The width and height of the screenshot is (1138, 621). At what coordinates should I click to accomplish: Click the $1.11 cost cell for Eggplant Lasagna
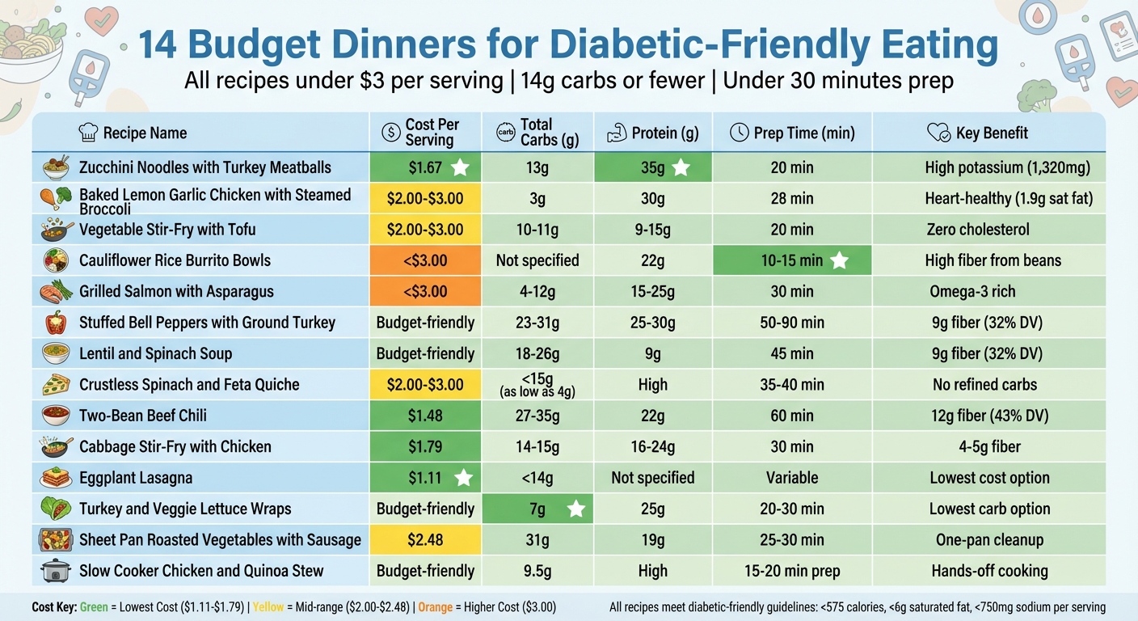[x=425, y=478]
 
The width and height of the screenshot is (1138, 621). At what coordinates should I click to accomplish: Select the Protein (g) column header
[x=653, y=133]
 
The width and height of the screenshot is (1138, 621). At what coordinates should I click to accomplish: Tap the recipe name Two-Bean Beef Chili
[x=143, y=416]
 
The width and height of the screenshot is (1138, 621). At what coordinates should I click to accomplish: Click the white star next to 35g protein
[x=681, y=168]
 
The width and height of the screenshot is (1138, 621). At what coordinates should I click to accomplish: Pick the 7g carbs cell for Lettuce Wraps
[x=537, y=509]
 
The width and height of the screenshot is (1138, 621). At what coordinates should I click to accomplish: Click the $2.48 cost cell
[x=425, y=539]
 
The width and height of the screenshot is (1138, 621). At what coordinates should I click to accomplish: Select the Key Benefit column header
[x=991, y=133]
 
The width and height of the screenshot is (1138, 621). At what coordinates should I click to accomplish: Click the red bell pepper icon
[x=55, y=323]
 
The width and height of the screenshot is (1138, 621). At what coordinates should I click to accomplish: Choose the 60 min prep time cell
[x=792, y=416]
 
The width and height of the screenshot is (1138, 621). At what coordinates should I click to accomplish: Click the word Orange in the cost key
[x=435, y=607]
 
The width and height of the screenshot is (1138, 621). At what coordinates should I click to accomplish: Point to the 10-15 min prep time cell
[x=792, y=260]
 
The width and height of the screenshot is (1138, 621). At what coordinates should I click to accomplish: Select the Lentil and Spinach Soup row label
[x=155, y=353]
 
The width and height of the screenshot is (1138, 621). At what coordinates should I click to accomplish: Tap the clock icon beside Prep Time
[x=739, y=133]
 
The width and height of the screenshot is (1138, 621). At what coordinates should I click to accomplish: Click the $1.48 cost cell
[x=425, y=416]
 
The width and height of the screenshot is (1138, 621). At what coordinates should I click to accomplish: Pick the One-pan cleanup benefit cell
[x=989, y=539]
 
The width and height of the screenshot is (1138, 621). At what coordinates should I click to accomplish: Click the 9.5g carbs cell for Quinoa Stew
[x=537, y=571]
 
